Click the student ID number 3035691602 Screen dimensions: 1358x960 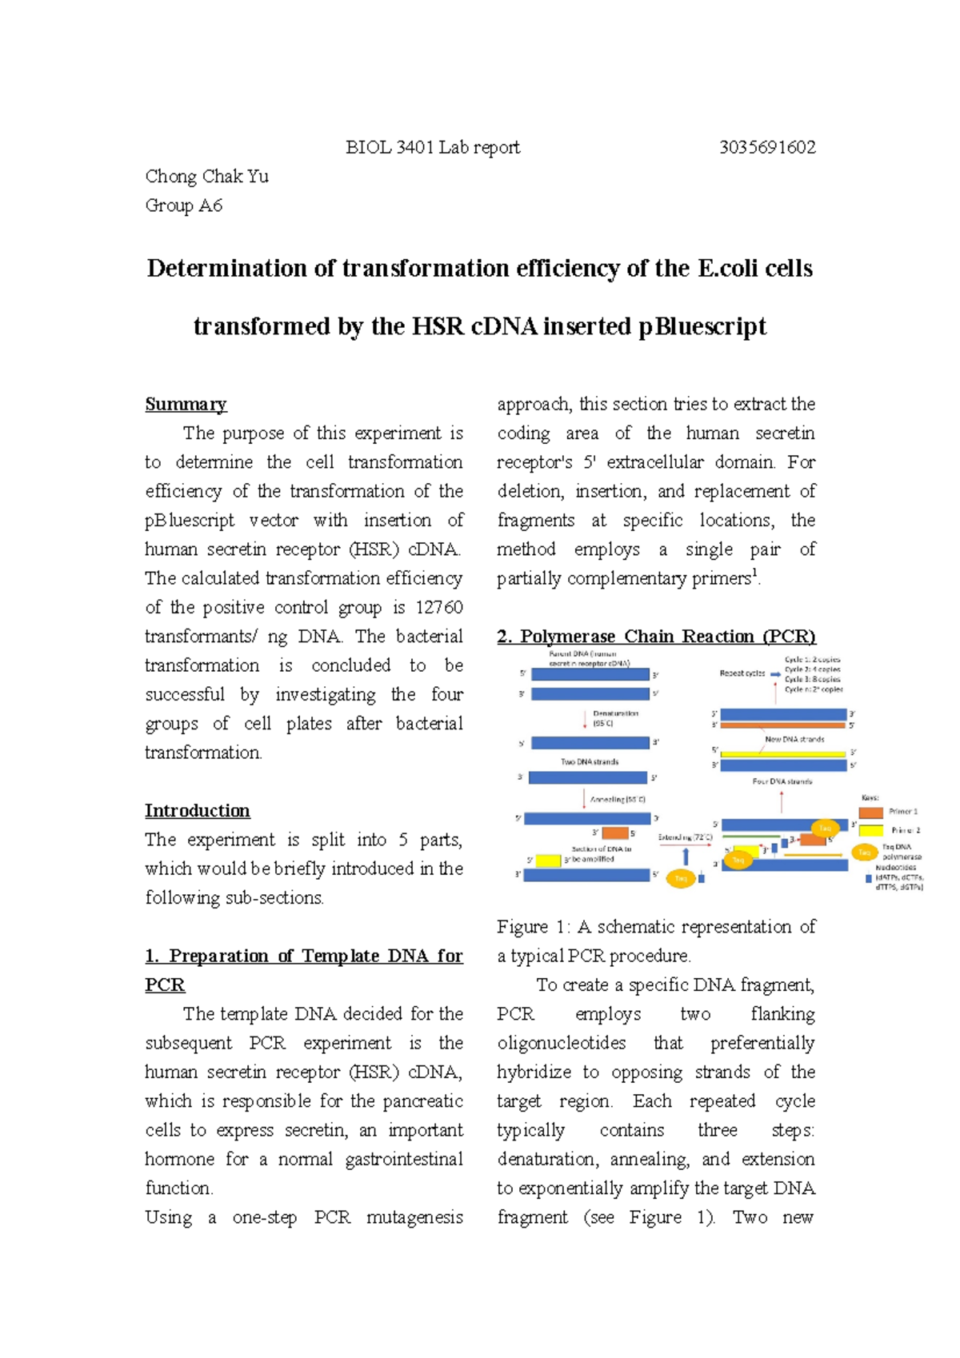pos(767,148)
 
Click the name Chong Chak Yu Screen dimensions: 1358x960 pos(206,177)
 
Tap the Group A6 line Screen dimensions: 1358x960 pos(183,206)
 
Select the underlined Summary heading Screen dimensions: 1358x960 pos(186,404)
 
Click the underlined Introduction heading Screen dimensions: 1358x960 pos(197,810)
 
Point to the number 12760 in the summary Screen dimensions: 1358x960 pos(439,607)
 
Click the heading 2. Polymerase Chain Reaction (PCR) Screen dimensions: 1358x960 pos(656,637)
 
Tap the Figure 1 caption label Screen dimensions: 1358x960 pos(533,927)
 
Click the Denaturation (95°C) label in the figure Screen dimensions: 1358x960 pos(615,717)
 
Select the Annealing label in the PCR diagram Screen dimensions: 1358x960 pos(617,799)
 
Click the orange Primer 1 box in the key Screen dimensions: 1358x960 pos(870,812)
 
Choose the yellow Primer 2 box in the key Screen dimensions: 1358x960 pos(870,830)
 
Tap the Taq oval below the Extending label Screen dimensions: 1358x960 pos(681,878)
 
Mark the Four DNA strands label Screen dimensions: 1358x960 pos(782,781)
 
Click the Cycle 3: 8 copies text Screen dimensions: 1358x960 pos(812,679)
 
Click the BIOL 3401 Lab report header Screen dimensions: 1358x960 pos(432,148)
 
